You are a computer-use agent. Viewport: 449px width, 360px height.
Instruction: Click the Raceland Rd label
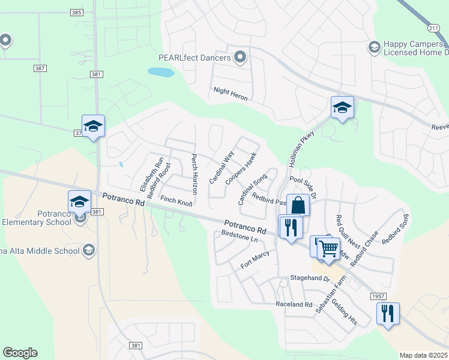tap(294, 304)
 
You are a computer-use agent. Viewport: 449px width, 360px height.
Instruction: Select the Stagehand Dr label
tap(310, 279)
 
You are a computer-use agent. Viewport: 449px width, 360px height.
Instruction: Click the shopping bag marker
tap(298, 205)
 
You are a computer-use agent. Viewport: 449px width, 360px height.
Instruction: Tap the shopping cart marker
tap(328, 248)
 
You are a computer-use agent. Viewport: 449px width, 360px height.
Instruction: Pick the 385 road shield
tap(76, 12)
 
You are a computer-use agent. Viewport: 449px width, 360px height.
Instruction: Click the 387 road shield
tap(40, 69)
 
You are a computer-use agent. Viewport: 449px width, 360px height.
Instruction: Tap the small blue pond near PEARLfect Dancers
tap(161, 73)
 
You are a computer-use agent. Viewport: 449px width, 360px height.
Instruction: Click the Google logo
tap(20, 353)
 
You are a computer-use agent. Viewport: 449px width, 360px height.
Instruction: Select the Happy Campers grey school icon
tap(374, 47)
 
